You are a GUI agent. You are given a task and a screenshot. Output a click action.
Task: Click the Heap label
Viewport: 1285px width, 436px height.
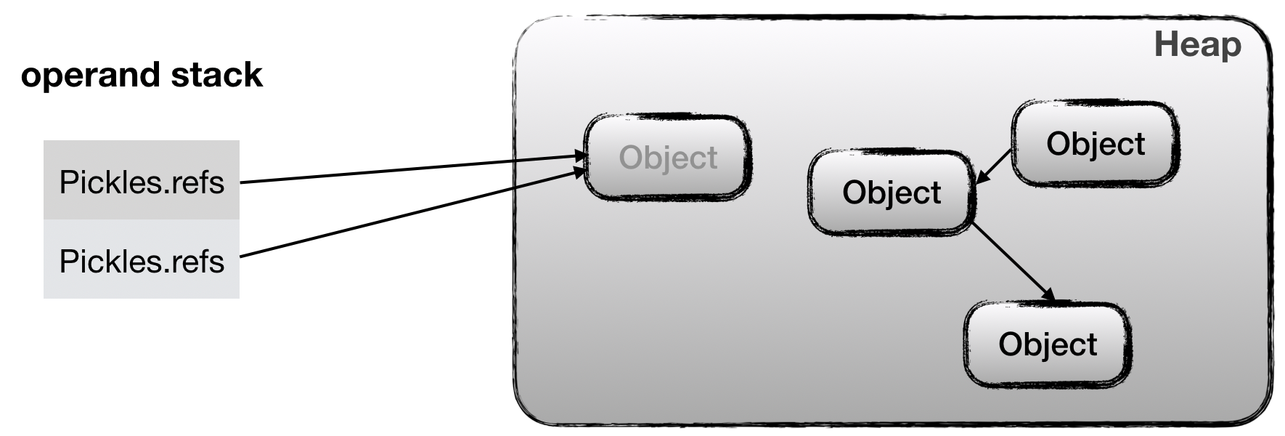(x=1197, y=44)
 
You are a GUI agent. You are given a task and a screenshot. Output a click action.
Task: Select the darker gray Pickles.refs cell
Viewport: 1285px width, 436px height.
(x=142, y=181)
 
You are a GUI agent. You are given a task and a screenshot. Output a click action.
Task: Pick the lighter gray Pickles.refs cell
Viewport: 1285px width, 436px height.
(x=142, y=260)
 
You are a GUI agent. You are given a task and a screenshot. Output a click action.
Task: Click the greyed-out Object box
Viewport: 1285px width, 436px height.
(x=668, y=157)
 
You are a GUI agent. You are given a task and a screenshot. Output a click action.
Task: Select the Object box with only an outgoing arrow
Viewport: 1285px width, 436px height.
(x=1095, y=143)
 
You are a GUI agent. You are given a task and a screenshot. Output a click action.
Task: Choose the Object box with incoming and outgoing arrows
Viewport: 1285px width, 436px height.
(x=892, y=193)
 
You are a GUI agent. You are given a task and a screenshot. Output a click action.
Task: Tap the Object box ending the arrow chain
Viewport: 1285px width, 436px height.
(x=1047, y=344)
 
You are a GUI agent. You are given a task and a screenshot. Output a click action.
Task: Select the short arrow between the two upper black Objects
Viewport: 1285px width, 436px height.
(x=995, y=166)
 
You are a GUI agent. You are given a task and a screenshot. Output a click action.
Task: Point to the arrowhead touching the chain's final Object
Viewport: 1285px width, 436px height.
(x=1049, y=295)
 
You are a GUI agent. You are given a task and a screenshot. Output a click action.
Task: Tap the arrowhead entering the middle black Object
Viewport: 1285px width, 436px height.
(x=980, y=179)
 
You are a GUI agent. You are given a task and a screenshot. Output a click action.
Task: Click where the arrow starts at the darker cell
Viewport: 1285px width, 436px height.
(x=242, y=182)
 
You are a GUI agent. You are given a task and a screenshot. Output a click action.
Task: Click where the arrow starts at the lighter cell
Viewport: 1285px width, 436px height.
(x=242, y=256)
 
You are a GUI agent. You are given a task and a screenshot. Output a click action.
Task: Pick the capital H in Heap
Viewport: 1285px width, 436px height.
(x=1165, y=44)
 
